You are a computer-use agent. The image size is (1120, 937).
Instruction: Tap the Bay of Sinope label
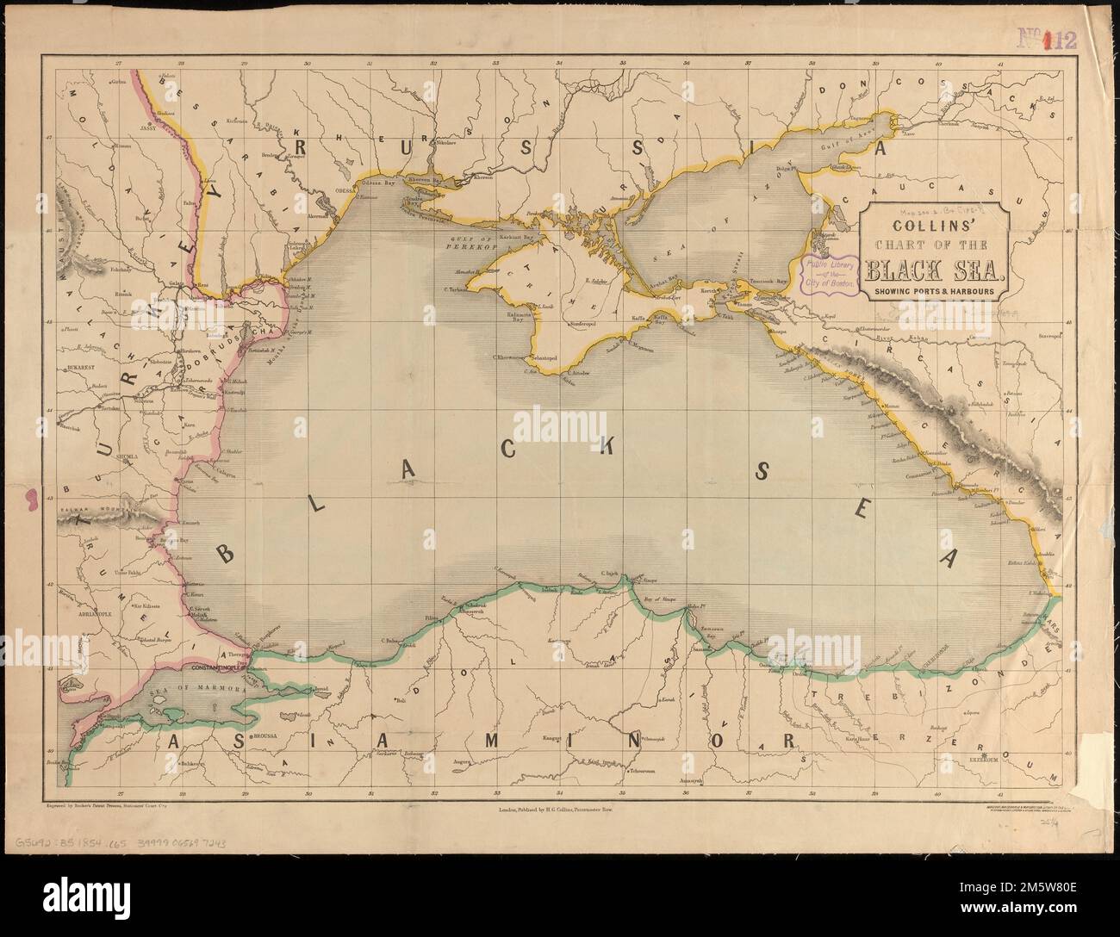(662, 598)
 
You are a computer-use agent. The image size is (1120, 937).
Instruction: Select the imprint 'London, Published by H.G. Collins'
(559, 810)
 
